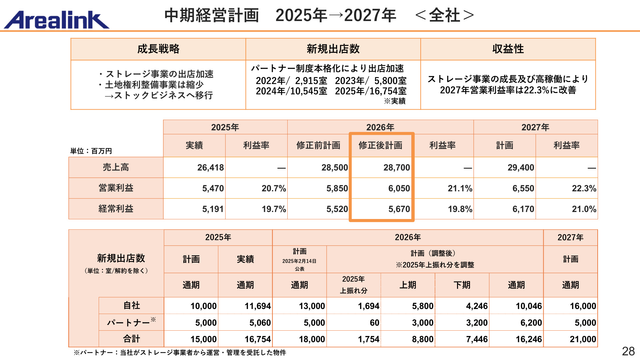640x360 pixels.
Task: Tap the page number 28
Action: pos(628,351)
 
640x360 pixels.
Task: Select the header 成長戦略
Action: pos(158,49)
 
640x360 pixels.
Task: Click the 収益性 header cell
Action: pos(508,49)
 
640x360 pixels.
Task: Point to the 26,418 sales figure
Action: pos(210,167)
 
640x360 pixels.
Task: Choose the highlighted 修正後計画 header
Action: pos(380,145)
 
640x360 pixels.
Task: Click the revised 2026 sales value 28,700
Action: pos(397,167)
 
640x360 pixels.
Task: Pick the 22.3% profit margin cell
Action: pos(584,188)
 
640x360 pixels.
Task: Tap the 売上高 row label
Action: pos(116,167)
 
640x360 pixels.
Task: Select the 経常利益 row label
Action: pos(116,209)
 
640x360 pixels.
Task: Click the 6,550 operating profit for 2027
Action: pos(523,188)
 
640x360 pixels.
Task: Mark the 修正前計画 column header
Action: pos(318,145)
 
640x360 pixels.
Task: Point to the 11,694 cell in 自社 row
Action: pos(258,306)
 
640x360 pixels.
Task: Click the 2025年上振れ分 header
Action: pos(354,285)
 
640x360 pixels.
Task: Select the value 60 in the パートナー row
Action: pos(374,323)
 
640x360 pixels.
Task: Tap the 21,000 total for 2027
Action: pos(583,339)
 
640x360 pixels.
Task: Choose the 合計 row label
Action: pos(131,339)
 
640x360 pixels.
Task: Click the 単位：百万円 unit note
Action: pos(91,151)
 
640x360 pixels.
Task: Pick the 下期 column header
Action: pos(462,285)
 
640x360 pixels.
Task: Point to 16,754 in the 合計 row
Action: pos(258,339)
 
